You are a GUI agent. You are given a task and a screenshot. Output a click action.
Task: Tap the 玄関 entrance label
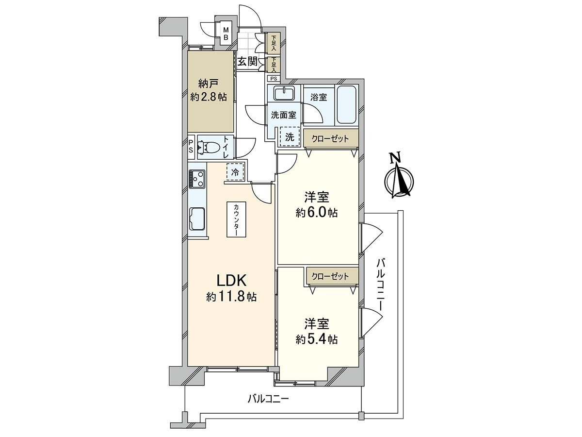click(x=247, y=62)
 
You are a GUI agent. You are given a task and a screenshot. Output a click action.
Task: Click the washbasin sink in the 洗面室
click(x=282, y=93)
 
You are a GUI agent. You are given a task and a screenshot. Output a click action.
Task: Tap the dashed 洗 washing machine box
click(x=290, y=137)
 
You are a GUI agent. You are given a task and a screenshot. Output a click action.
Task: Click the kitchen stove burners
click(x=197, y=178)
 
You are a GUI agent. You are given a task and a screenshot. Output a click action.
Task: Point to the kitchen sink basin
click(x=197, y=218)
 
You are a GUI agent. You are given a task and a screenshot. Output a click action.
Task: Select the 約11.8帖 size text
click(x=231, y=297)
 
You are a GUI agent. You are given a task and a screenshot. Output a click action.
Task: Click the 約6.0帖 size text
click(x=317, y=213)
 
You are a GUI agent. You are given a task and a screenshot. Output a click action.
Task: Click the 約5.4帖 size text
click(x=317, y=339)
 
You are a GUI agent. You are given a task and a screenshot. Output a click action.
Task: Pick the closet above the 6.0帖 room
click(x=330, y=139)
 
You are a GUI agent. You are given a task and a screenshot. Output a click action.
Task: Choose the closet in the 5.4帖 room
click(x=330, y=277)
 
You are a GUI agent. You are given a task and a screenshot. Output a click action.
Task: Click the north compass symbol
click(x=399, y=180)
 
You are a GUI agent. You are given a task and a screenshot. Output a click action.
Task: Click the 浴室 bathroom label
click(x=319, y=97)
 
